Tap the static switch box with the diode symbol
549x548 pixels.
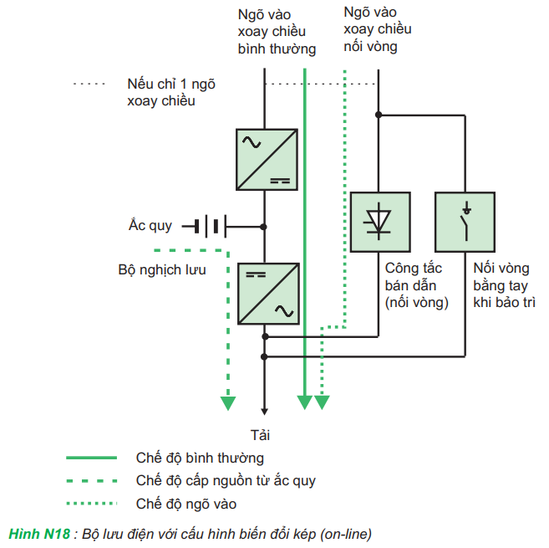click(x=379, y=222)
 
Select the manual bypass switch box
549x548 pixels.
click(x=465, y=222)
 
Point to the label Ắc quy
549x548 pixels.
click(x=150, y=226)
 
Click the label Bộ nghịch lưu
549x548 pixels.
click(x=162, y=270)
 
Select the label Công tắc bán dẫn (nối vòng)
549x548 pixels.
click(x=416, y=285)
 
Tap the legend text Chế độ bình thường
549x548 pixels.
click(x=200, y=458)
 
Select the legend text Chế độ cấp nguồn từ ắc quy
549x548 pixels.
click(x=226, y=481)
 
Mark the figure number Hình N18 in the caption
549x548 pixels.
click(x=39, y=532)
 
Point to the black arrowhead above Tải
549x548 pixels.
click(x=265, y=409)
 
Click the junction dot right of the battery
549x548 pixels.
click(x=264, y=227)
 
